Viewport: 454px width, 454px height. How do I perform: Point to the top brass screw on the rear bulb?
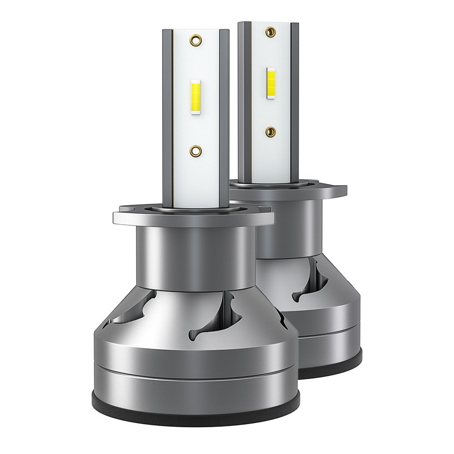271,31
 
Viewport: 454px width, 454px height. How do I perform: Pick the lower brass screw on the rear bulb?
271,131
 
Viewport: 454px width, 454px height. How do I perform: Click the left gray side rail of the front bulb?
168,118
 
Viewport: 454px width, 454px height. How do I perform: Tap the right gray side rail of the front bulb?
224,118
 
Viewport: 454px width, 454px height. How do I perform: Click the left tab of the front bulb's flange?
123,217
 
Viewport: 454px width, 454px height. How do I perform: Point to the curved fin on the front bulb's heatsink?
227,318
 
